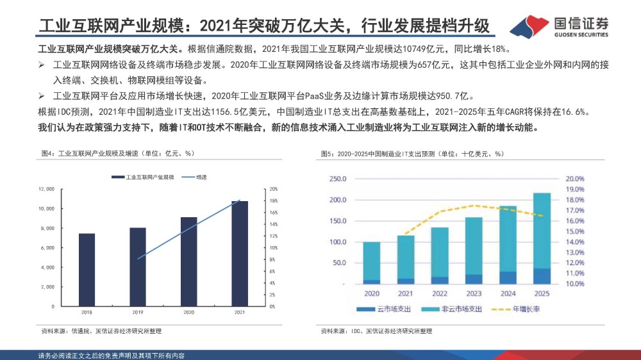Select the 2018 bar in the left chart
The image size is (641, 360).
point(87,269)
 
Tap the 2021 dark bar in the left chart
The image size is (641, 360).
point(239,254)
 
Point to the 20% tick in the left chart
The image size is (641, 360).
point(273,189)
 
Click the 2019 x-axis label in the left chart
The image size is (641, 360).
point(138,312)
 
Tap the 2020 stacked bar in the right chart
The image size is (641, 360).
point(371,263)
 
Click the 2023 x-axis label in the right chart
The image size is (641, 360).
point(473,293)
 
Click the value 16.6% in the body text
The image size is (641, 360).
point(574,111)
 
